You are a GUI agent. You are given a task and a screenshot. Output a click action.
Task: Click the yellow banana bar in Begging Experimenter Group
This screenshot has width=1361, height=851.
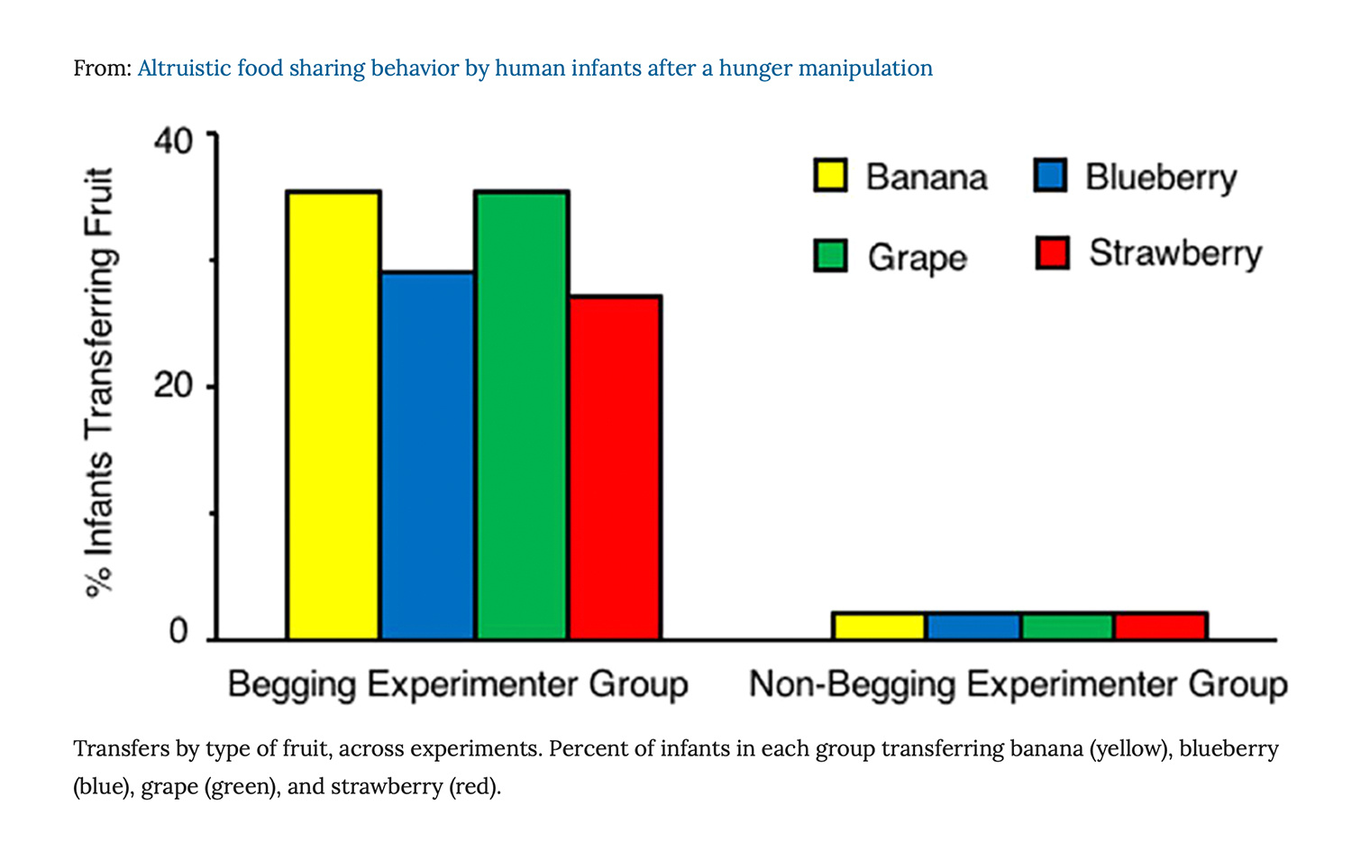coord(333,415)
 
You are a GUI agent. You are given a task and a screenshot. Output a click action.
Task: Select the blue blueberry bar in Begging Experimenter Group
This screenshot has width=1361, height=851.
coord(428,455)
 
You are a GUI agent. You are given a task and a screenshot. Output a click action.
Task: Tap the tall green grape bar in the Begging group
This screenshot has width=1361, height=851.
coord(522,415)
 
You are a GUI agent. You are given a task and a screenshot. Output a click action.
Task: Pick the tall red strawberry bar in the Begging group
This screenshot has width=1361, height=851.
coord(616,467)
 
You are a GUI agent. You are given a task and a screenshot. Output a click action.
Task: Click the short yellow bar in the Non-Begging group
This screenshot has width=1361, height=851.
coord(879,627)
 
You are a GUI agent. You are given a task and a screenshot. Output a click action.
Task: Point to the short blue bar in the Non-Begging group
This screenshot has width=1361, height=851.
coord(973,627)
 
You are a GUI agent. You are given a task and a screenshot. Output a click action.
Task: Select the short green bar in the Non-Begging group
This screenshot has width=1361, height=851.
coord(1067,627)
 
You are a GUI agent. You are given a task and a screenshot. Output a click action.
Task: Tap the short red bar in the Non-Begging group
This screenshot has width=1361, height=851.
coord(1161,627)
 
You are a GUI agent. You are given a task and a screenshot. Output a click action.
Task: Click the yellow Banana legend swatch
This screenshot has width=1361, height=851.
coord(830,176)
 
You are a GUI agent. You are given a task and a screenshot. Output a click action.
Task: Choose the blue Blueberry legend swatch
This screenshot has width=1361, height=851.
coord(1051,176)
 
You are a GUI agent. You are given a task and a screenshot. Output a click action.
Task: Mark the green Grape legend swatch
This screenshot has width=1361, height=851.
coord(830,255)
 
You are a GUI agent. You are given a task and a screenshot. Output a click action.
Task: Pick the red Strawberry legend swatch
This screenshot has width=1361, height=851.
coord(1052,253)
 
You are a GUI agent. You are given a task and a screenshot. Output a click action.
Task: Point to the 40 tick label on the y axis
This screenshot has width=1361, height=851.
coord(173,141)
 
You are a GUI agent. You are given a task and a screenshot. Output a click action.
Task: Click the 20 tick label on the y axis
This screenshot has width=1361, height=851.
coord(173,386)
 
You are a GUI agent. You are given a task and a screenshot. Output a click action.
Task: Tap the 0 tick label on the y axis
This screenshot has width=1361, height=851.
coord(178,631)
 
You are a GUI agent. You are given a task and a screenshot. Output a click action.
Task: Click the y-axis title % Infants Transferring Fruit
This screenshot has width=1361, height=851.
coord(99,383)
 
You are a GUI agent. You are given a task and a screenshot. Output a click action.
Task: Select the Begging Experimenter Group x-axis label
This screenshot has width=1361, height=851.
coord(458,684)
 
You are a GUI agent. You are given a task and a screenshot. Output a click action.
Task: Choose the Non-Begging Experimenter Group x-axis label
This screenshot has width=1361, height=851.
coord(1018,684)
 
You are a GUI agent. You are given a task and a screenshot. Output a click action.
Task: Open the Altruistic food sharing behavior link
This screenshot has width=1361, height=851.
coord(534,69)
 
